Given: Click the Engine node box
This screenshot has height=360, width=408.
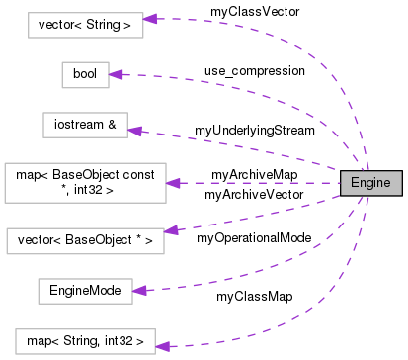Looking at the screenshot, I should click(x=370, y=183).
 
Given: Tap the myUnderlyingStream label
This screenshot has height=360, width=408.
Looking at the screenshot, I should click(x=254, y=130).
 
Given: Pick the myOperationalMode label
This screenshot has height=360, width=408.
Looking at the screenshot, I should click(x=254, y=238).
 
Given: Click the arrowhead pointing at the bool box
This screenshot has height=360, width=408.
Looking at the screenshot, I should click(x=115, y=74).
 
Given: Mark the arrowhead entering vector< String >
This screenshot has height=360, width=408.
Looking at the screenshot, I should click(x=151, y=19).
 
